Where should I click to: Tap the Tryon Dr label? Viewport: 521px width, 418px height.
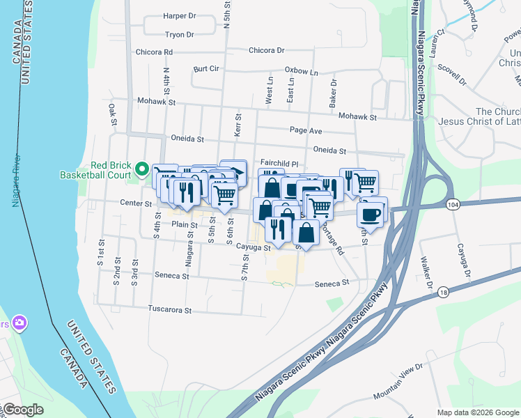coord(180,34)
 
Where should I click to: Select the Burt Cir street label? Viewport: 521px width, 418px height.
coord(207,69)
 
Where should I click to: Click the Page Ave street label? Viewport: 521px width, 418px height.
coord(306,130)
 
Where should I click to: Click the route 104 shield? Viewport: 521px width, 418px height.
coord(453,204)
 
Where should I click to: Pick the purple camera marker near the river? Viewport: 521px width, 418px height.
coord(19,323)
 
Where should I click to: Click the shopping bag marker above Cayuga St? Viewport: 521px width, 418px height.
coord(306,233)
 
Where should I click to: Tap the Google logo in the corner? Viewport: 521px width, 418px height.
coord(22,410)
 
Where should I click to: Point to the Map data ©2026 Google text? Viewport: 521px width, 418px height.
coord(477,412)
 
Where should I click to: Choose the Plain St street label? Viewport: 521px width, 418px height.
coord(185,224)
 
